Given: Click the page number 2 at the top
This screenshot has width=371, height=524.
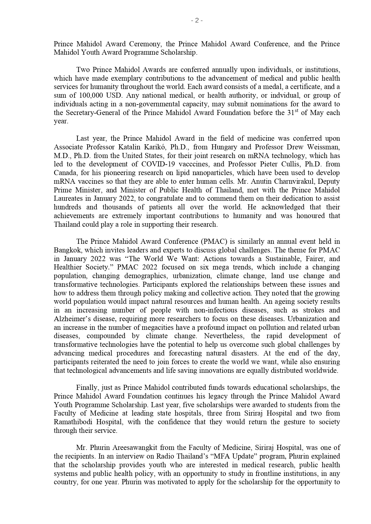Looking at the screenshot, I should coord(197,20).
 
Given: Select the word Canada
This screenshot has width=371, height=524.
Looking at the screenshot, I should coord(63,173).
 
